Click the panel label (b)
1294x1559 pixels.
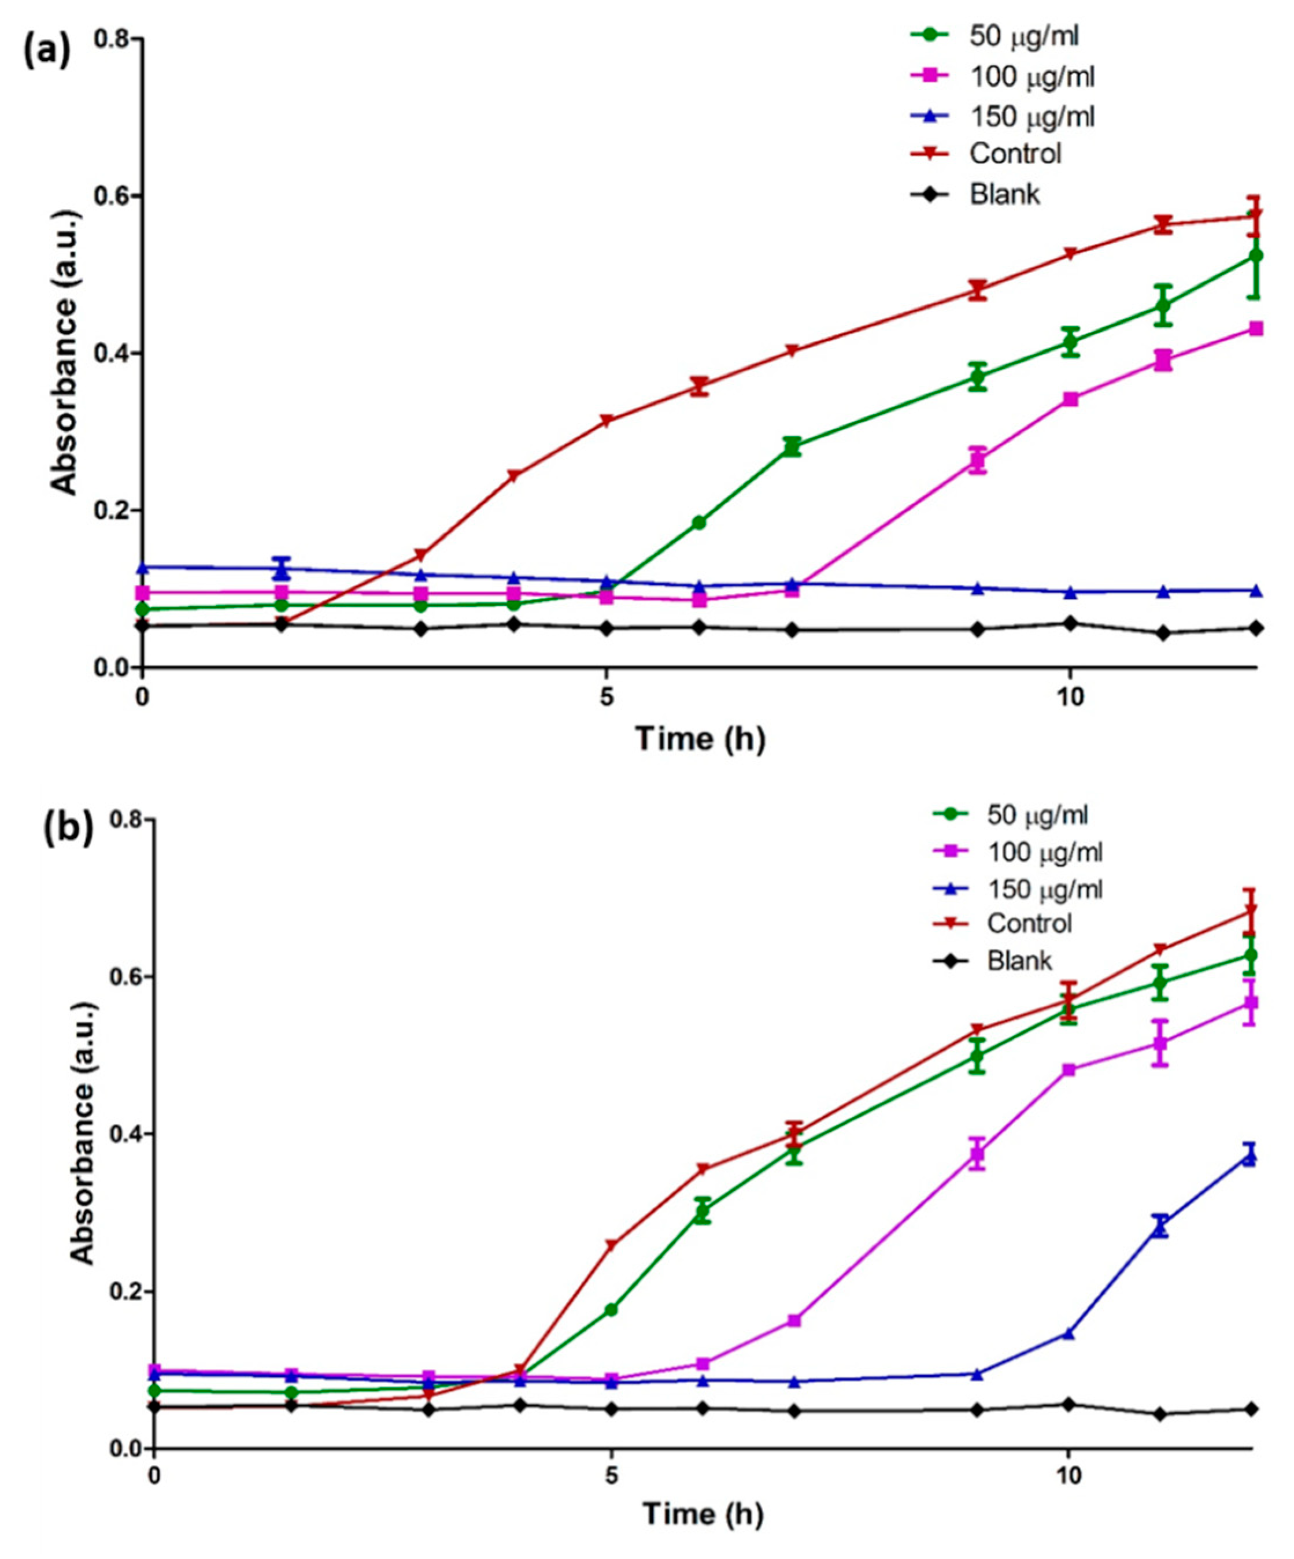(68, 830)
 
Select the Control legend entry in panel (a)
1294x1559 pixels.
(1014, 154)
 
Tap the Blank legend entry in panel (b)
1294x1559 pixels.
(1019, 960)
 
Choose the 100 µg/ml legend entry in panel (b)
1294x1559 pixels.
(1044, 851)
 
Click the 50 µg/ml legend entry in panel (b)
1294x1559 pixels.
(1036, 815)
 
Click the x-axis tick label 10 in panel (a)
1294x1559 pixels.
(1069, 698)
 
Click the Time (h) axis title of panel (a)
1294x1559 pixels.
(700, 739)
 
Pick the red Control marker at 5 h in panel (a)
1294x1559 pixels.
(607, 421)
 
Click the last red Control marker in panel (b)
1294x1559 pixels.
(1250, 909)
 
